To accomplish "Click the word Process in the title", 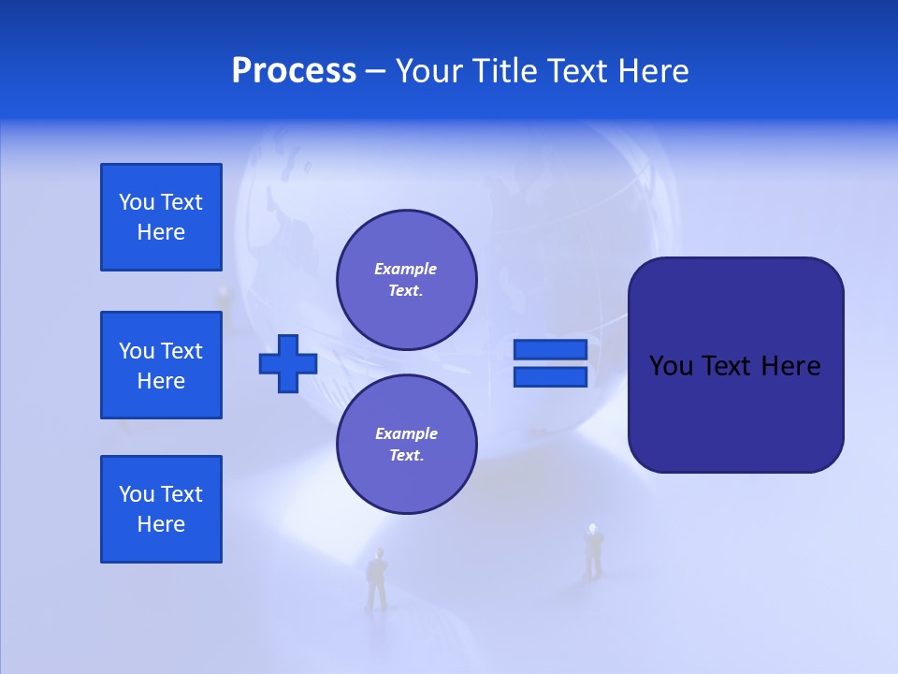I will click(x=294, y=71).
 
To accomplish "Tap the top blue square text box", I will click(x=161, y=217).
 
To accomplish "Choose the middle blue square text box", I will click(x=161, y=365).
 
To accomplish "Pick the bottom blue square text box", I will click(x=161, y=509).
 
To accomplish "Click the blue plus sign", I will click(x=288, y=363).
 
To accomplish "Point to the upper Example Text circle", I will click(x=406, y=279).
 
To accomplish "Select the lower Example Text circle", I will click(x=406, y=444).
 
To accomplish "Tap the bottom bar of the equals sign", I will click(x=550, y=377).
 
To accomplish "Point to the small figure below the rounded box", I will click(x=593, y=551).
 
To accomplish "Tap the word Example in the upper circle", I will click(x=405, y=269).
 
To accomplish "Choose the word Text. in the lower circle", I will click(x=406, y=456).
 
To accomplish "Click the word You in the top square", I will click(x=137, y=202).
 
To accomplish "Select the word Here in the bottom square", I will click(x=161, y=524).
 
